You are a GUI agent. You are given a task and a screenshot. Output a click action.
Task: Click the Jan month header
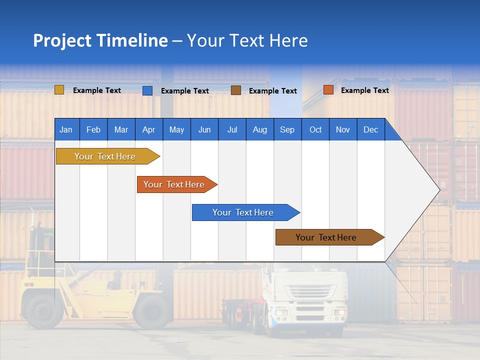click(66, 129)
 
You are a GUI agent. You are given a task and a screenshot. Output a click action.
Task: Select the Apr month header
click(148, 129)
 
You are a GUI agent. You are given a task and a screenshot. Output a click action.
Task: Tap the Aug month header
click(259, 129)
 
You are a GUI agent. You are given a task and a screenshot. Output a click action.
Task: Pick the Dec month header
click(370, 129)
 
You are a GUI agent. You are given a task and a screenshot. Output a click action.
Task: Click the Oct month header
click(315, 129)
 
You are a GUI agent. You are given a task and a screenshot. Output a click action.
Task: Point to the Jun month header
click(204, 129)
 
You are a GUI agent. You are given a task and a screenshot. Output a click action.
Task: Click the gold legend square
click(59, 90)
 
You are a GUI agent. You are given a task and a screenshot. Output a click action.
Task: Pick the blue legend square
click(147, 90)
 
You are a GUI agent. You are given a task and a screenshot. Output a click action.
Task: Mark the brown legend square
click(235, 90)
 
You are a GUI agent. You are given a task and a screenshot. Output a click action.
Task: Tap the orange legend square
click(328, 90)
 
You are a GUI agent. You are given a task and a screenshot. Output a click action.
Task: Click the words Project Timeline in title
click(100, 40)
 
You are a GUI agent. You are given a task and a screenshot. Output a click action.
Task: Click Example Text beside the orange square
click(364, 90)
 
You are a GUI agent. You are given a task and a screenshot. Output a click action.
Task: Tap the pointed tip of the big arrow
click(439, 190)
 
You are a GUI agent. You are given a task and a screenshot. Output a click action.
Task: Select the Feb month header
click(93, 129)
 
